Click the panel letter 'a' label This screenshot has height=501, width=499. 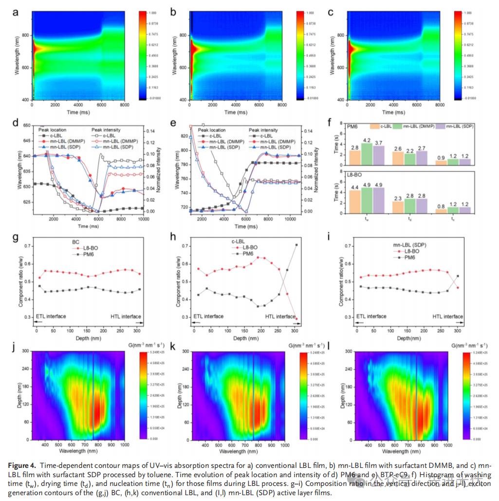point(16,12)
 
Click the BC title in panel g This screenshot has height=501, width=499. point(75,241)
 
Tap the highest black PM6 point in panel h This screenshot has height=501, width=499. point(296,245)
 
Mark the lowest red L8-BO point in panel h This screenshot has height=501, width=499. point(296,319)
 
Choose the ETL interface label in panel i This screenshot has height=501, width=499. point(368,316)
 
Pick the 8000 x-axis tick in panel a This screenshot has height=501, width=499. point(124,104)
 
